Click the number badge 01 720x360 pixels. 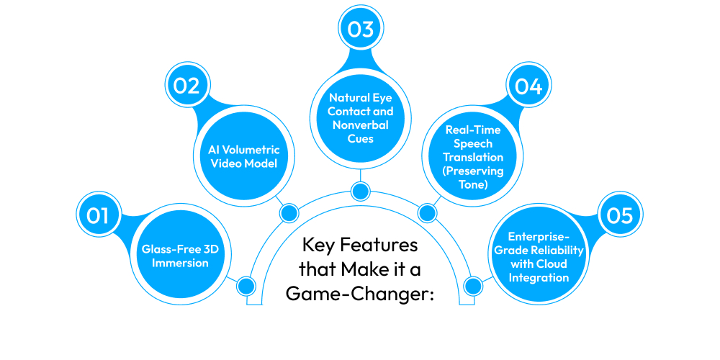click(99, 215)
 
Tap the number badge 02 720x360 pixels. click(186, 86)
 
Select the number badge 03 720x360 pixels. click(360, 30)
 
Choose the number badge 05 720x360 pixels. click(621, 215)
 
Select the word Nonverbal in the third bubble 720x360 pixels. click(360, 125)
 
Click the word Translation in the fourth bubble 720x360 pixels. click(473, 157)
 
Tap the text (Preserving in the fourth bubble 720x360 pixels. click(473, 171)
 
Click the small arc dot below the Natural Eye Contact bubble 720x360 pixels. click(360, 191)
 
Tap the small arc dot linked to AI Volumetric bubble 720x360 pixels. click(289, 212)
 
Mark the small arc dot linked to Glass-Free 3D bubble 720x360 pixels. click(246, 286)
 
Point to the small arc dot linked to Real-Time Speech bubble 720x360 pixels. click(427, 212)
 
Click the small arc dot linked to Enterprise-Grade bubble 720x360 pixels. click(473, 286)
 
